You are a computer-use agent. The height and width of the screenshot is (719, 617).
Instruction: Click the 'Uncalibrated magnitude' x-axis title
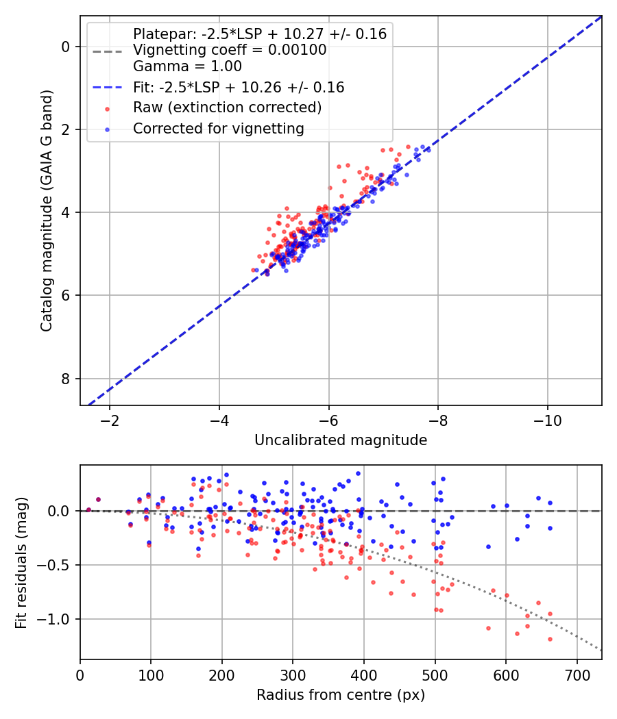pyautogui.click(x=341, y=440)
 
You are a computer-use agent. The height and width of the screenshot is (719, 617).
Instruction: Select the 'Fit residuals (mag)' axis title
pyautogui.click(x=21, y=562)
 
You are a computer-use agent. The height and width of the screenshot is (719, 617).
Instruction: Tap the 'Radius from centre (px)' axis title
pyautogui.click(x=341, y=695)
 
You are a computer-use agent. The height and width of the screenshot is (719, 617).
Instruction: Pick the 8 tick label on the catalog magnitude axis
pyautogui.click(x=66, y=379)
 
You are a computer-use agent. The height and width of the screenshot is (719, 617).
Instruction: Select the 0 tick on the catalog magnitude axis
pyautogui.click(x=66, y=47)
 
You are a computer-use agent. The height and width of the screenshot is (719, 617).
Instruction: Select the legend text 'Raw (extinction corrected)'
pyautogui.click(x=227, y=108)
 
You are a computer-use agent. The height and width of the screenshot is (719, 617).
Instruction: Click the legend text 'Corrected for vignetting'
pyautogui.click(x=218, y=128)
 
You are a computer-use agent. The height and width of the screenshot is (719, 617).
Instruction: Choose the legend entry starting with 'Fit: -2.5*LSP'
pyautogui.click(x=239, y=88)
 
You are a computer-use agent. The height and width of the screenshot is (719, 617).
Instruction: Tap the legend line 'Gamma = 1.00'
pyautogui.click(x=187, y=67)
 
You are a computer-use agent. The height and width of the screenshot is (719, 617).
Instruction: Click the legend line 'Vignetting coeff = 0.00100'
pyautogui.click(x=230, y=50)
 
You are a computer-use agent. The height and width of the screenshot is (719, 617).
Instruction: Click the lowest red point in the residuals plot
pyautogui.click(x=550, y=639)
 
